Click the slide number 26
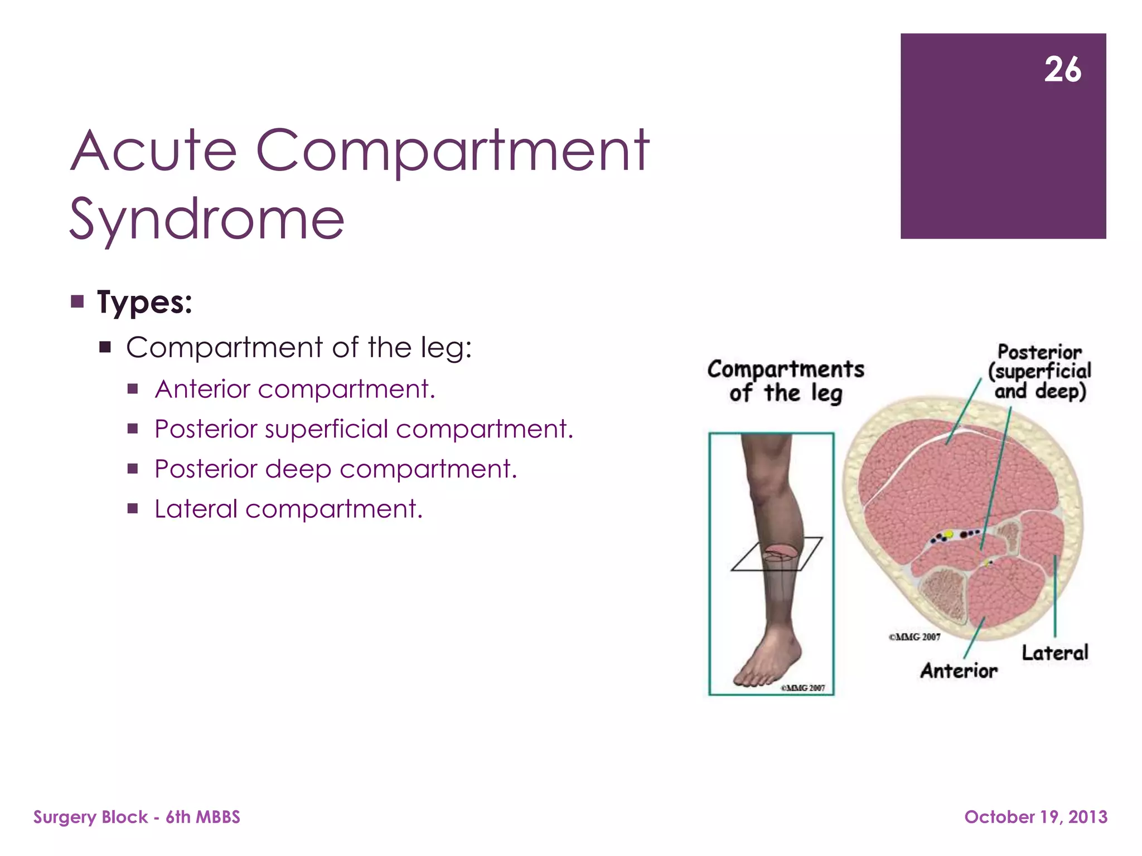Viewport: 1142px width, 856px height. (x=1062, y=70)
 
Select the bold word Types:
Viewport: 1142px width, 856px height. (x=144, y=303)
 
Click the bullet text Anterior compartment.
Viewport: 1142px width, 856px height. (x=294, y=389)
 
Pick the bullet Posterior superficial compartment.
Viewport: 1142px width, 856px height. (x=364, y=429)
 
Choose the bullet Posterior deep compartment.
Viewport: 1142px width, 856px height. (x=336, y=469)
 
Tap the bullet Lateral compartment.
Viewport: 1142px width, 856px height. (x=288, y=509)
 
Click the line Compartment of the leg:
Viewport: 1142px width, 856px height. (x=299, y=348)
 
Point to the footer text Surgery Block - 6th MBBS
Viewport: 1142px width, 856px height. (x=137, y=817)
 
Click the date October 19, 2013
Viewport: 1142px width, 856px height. (x=1035, y=817)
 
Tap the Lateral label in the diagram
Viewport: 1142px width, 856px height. (x=1054, y=653)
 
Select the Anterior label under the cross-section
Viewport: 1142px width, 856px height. (x=959, y=671)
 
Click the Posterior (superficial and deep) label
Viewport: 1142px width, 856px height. (x=1039, y=372)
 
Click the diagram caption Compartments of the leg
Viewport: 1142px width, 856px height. (x=786, y=381)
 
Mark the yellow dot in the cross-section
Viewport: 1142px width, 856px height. (x=949, y=534)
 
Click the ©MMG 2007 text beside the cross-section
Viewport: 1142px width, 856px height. (x=914, y=637)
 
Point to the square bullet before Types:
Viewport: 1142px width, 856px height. (x=78, y=302)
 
